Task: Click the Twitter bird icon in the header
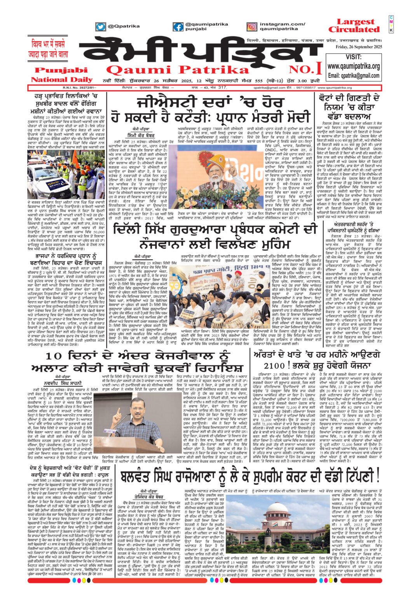101,27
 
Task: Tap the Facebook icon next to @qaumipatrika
178,27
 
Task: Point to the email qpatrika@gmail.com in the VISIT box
354,75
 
